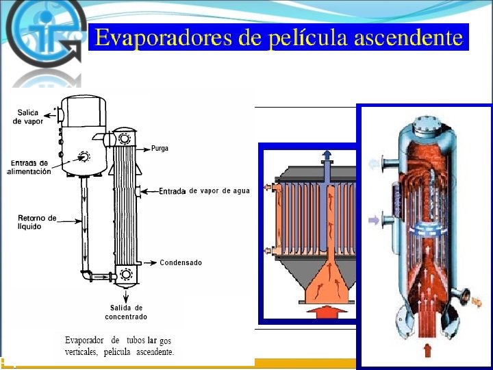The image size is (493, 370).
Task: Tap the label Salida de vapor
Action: coord(27,116)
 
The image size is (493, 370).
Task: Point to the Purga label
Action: coord(160,148)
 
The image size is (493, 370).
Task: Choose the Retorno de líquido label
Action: coord(38,222)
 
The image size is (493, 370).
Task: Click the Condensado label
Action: coord(181,262)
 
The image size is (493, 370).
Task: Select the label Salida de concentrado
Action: coord(126,312)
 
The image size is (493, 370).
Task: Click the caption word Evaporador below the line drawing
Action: coord(84,341)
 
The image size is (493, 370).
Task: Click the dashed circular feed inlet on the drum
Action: coord(84,156)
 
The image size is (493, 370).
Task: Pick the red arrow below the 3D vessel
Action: coord(428,351)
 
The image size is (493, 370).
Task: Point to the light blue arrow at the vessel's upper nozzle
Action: coord(374,162)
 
